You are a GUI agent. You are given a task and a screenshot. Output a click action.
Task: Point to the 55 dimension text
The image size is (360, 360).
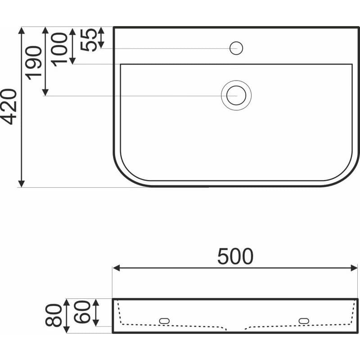point(89,40)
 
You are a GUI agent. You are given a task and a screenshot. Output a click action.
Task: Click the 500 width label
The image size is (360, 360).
point(235,256)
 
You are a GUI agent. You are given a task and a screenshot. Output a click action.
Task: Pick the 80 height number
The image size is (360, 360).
point(54,315)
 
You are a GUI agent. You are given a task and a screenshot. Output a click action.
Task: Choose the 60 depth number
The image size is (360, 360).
point(82,312)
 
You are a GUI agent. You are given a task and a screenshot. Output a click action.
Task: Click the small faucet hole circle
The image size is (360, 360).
point(236,48)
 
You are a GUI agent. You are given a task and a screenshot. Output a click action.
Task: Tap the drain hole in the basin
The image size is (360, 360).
point(236,95)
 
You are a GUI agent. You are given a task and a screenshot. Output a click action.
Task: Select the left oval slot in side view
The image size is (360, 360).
point(164,321)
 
